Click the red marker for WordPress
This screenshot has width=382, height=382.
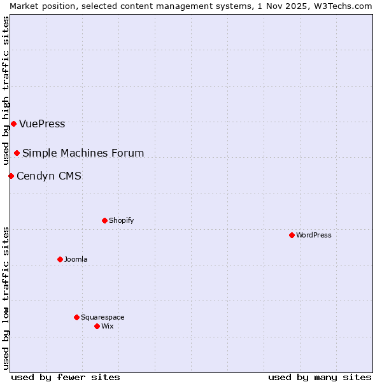[x=292, y=235]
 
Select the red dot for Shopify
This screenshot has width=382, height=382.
[x=104, y=220]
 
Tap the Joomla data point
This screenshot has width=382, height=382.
[x=60, y=259]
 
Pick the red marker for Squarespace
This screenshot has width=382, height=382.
[x=76, y=317]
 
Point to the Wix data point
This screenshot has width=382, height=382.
[x=97, y=326]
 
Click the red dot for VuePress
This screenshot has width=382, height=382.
[x=13, y=124]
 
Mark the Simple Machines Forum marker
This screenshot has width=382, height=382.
[x=17, y=153]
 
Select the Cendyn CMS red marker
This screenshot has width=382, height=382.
[x=11, y=176]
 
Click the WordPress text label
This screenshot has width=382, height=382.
[x=313, y=235]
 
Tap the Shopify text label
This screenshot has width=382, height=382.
[x=121, y=220]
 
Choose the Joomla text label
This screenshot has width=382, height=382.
[x=76, y=259]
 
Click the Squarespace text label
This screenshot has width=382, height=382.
[x=103, y=317]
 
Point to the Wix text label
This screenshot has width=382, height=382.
[x=107, y=326]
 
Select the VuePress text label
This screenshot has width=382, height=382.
[x=42, y=124]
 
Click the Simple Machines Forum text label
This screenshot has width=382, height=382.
[x=83, y=153]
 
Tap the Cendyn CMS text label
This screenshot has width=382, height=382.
[x=49, y=176]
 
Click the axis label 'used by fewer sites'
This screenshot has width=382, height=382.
[x=66, y=377]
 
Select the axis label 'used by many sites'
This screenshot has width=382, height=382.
[x=320, y=377]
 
